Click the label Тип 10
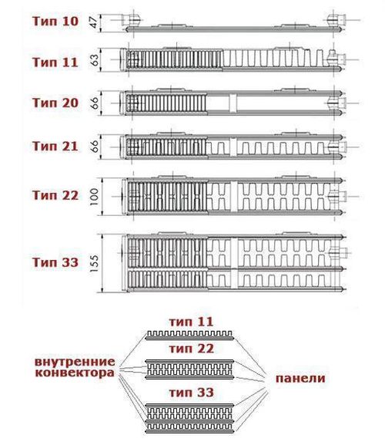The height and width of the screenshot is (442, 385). [55, 22]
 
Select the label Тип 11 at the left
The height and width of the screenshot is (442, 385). [55, 62]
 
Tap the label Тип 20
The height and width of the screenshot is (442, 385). [55, 103]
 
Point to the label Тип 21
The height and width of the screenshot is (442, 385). [55, 146]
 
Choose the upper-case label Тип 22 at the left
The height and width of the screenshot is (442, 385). [55, 195]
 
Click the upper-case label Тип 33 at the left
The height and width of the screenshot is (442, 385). [55, 262]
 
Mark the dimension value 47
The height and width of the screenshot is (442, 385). [95, 22]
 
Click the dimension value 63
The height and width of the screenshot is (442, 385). [95, 59]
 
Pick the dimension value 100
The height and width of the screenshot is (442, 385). [95, 197]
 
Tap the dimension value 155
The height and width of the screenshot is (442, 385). [95, 263]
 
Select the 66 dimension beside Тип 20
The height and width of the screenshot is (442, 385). [95, 103]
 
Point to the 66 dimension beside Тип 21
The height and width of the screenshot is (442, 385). [95, 146]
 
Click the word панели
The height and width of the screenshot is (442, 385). [300, 378]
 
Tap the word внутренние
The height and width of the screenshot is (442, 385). [75, 362]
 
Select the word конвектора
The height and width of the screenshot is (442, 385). [75, 373]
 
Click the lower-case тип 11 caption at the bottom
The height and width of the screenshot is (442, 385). [191, 322]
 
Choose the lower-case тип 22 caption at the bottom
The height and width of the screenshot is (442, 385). [191, 349]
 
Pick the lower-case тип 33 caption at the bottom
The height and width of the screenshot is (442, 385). [191, 393]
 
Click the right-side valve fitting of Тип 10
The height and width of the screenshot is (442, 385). [337, 20]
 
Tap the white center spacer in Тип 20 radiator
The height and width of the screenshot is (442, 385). [233, 103]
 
